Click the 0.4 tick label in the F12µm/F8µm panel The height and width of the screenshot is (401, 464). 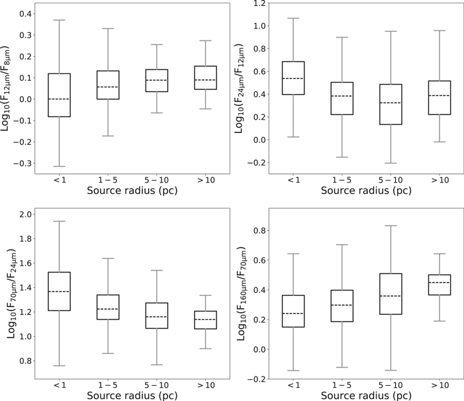point(25,14)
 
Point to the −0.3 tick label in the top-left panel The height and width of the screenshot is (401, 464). point(23,163)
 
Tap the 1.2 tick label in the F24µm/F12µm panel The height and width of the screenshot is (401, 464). point(259,3)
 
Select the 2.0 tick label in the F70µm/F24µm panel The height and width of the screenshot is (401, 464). point(25,214)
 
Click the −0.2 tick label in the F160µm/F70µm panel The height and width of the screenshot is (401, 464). point(257,379)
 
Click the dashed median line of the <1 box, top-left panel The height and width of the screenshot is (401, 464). point(59,99)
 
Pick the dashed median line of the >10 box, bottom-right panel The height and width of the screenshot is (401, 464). point(440,283)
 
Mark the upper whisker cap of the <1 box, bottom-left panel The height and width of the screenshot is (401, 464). point(59,221)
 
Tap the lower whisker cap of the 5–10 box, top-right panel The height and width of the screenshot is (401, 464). point(391,163)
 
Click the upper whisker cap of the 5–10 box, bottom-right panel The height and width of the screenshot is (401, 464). point(391,226)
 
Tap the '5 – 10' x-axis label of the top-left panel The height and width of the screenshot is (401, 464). point(156,180)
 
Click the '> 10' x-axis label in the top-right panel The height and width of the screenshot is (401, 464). point(440,180)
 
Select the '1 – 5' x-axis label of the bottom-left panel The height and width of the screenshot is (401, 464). point(108,385)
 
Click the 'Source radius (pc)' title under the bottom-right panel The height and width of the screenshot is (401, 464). point(366,396)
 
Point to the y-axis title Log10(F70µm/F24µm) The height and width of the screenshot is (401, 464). point(10,293)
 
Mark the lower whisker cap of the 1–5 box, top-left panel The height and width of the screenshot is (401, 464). point(108,136)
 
